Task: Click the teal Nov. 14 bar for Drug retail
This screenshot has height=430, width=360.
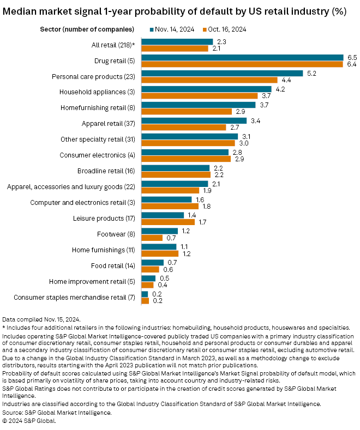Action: pos(242,58)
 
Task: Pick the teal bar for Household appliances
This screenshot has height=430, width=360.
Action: pos(206,89)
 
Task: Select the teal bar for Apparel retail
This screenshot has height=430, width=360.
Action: pos(194,120)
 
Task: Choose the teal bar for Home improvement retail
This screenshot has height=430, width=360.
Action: pos(148,278)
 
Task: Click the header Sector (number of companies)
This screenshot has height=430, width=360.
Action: pos(88,28)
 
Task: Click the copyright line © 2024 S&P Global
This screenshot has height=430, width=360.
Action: pos(29,421)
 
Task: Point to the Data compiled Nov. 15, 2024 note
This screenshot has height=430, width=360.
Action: pos(41,319)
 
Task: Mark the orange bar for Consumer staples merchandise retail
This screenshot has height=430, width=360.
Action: pos(145,300)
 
